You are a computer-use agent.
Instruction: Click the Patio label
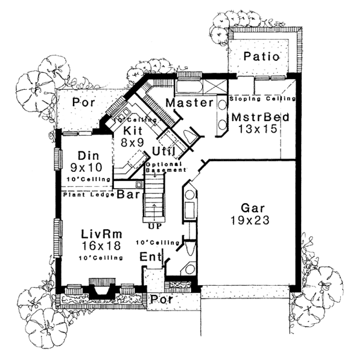pos(261,57)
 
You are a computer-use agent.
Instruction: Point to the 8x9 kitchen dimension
pos(132,143)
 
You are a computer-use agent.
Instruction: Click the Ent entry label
pos(150,257)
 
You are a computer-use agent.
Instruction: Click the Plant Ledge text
pos(84,195)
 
